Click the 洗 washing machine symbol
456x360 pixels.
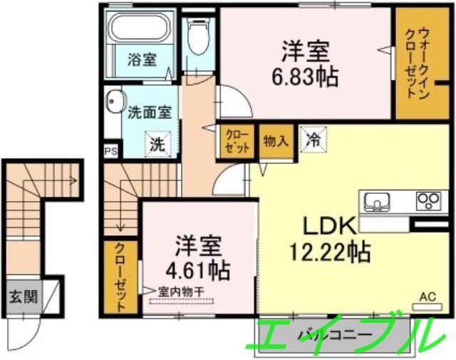tap(157, 143)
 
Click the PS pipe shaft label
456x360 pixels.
tap(110, 151)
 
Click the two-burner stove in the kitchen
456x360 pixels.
tap(428, 200)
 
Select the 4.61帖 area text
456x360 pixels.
tap(202, 270)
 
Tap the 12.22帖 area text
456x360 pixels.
tap(329, 251)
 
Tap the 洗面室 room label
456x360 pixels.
tap(149, 112)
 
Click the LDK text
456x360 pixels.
tap(329, 226)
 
